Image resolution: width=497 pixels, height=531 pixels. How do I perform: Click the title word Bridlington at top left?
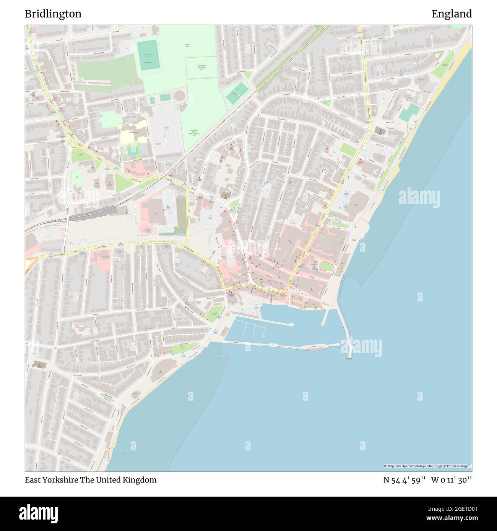(x=53, y=14)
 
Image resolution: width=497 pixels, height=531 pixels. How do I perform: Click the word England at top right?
(x=452, y=14)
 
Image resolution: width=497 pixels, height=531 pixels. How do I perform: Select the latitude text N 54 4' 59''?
(x=404, y=480)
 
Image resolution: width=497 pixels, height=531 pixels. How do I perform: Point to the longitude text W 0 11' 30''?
(x=452, y=480)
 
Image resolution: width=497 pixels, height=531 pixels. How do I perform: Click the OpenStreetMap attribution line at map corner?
(x=427, y=466)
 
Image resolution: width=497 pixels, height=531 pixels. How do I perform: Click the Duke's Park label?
(x=187, y=45)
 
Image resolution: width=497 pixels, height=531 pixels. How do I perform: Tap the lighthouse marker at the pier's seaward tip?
(x=349, y=358)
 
